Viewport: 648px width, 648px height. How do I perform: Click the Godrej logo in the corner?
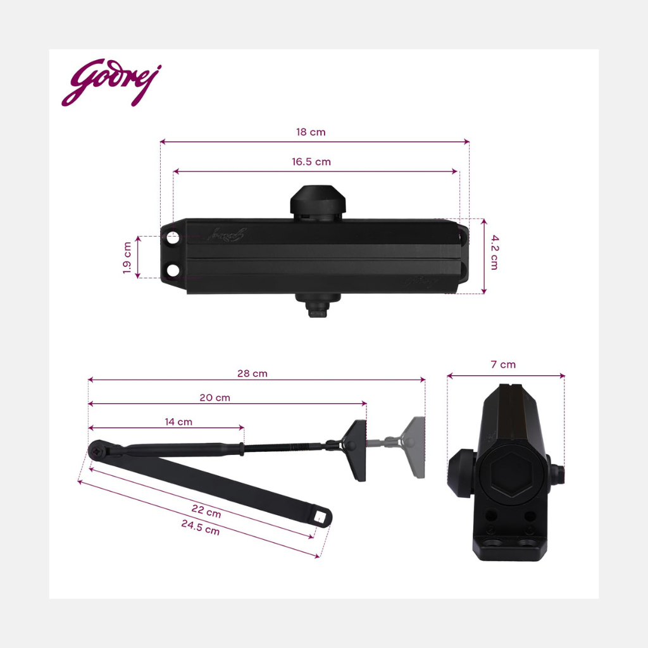[111, 82]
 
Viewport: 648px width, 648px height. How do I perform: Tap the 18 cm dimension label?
[311, 132]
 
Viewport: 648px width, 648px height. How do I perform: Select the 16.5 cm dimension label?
[311, 161]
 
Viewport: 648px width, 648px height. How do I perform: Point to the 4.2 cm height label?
[495, 252]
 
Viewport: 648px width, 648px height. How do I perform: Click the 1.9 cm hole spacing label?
[127, 258]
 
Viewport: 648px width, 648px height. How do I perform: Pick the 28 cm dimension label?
[252, 373]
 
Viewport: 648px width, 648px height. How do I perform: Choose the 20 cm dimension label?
[215, 397]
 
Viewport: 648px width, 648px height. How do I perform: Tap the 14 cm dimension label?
[178, 422]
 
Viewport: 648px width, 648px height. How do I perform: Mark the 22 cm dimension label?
[206, 511]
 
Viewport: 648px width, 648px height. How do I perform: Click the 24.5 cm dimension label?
[201, 527]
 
